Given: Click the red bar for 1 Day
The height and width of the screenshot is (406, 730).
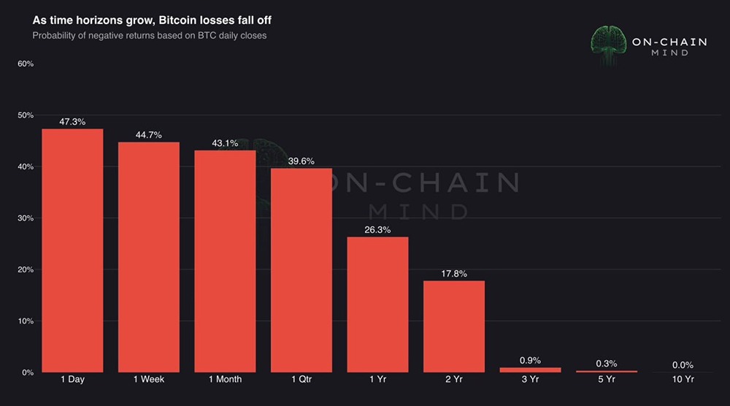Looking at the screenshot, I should tap(72, 250).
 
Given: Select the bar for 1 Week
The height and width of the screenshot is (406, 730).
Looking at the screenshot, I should tap(149, 257).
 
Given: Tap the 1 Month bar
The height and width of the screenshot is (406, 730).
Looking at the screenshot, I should tap(225, 261).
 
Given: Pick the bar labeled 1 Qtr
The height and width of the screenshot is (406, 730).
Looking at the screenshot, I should tap(301, 270).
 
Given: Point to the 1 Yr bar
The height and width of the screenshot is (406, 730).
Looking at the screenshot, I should tap(377, 304).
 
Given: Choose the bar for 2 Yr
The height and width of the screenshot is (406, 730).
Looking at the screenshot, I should tap(454, 326).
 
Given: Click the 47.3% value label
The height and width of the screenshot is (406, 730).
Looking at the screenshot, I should tap(72, 122).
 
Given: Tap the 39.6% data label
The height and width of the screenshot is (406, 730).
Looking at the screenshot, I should tap(301, 161).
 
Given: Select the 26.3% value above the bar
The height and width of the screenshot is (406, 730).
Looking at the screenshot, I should tap(377, 230).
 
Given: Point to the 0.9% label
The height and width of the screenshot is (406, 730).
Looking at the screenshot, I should tap(530, 361).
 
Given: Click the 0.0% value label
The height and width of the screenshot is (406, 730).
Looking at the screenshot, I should tap(683, 365).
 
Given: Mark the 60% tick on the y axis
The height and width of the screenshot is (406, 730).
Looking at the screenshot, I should tap(26, 64).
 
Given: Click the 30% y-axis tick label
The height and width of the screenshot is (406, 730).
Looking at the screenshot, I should tap(26, 218).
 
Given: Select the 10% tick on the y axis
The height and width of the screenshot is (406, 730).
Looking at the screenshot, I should tap(26, 321).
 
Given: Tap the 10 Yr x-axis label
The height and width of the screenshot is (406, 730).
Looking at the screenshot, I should tap(683, 380).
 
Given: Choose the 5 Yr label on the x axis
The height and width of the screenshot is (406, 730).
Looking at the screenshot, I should tap(606, 380).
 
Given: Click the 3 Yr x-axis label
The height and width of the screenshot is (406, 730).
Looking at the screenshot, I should tap(530, 380).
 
